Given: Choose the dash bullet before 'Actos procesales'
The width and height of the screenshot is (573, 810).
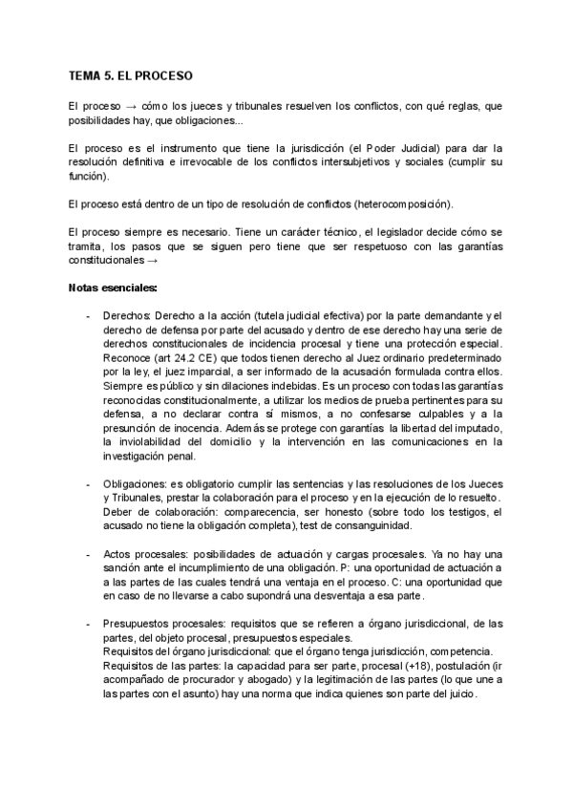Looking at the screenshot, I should (x=89, y=555).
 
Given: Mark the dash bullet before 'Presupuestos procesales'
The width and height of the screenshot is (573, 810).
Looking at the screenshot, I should (x=89, y=624).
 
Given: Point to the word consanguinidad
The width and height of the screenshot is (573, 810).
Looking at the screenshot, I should (x=456, y=528).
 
